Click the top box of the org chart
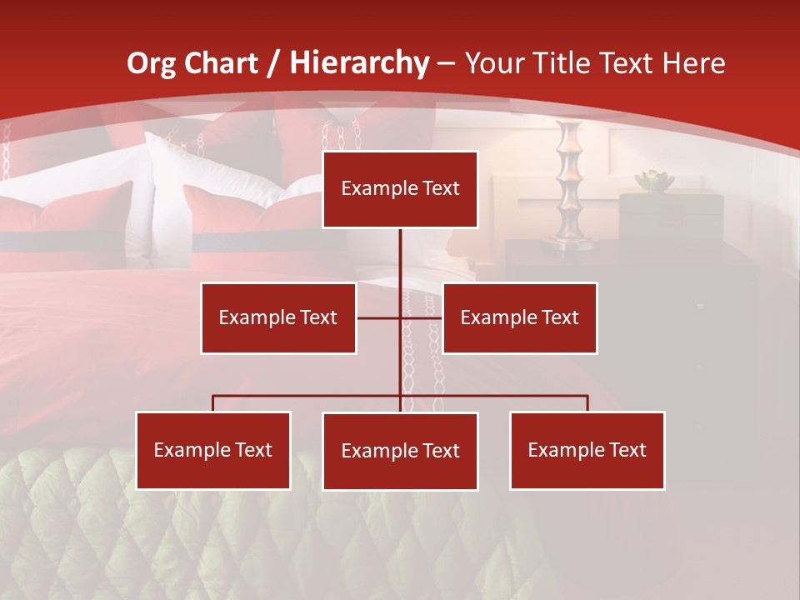[400, 189]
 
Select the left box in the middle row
[278, 317]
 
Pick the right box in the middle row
[519, 317]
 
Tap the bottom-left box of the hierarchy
[213, 450]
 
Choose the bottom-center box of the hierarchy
[400, 451]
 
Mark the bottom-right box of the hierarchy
[587, 450]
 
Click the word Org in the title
[151, 63]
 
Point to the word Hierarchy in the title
[359, 63]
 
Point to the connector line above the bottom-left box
[213, 402]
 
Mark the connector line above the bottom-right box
[587, 402]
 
